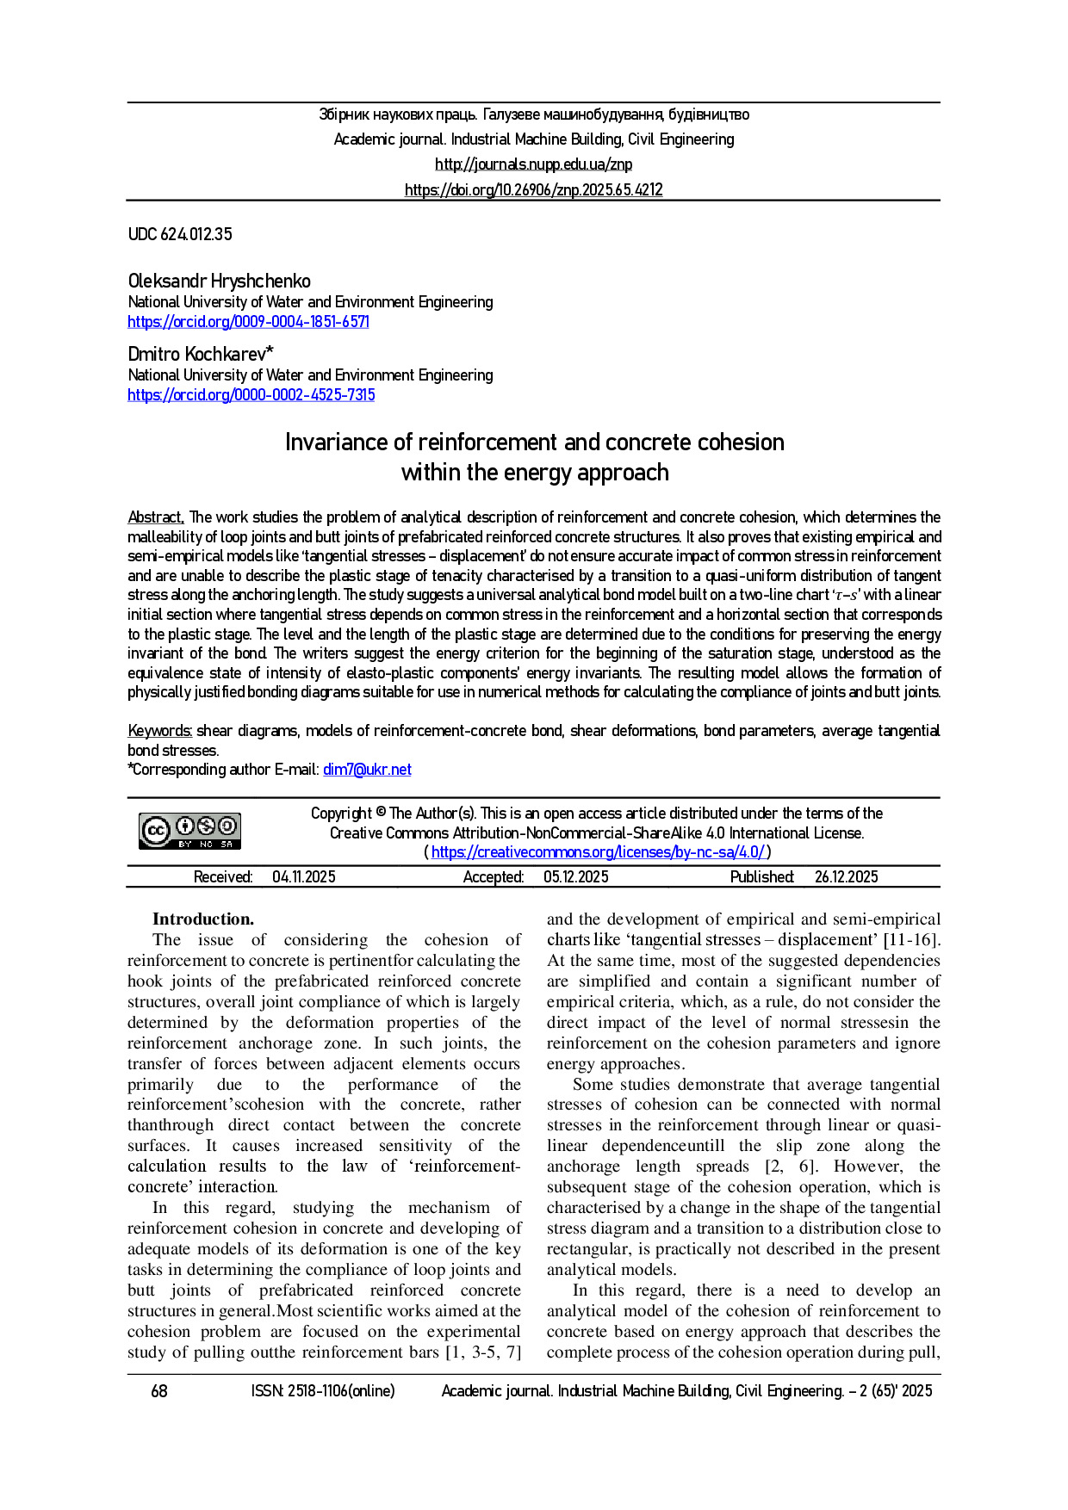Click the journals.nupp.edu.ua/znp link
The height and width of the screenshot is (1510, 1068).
[533, 164]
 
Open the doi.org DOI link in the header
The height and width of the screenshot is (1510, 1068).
[533, 190]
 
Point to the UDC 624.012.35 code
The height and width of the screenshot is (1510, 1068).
[180, 234]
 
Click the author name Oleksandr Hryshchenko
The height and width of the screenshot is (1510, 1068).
[219, 282]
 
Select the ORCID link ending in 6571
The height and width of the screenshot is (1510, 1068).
[248, 322]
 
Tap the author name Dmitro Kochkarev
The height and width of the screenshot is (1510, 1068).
[201, 354]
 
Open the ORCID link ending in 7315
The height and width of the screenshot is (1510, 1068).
[251, 395]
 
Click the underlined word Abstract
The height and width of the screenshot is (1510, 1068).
[155, 517]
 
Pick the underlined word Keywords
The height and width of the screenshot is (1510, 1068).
[159, 731]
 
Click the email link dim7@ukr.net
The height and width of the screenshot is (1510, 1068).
[367, 770]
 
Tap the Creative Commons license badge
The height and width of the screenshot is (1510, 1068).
[190, 831]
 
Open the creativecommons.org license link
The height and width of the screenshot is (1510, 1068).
[598, 852]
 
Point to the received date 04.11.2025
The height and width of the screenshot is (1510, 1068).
[304, 877]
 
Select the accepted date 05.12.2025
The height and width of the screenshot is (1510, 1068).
[575, 877]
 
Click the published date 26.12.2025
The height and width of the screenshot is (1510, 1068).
[846, 877]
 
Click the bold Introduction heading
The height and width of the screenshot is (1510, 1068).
[203, 919]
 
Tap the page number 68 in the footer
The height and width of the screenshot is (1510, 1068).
[159, 1391]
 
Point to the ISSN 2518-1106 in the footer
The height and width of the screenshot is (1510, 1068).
[323, 1391]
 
